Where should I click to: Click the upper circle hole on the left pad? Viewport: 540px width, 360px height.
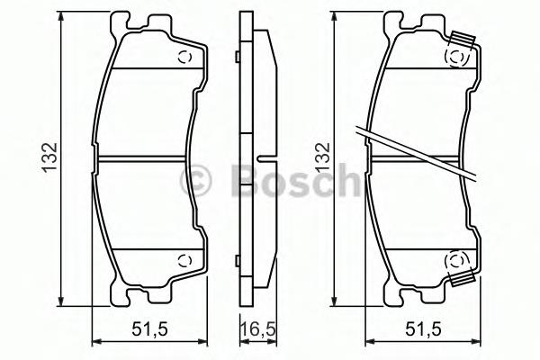[184, 58]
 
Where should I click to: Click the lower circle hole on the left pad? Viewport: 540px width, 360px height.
[184, 260]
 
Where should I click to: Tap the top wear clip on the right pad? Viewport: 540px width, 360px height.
[463, 39]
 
